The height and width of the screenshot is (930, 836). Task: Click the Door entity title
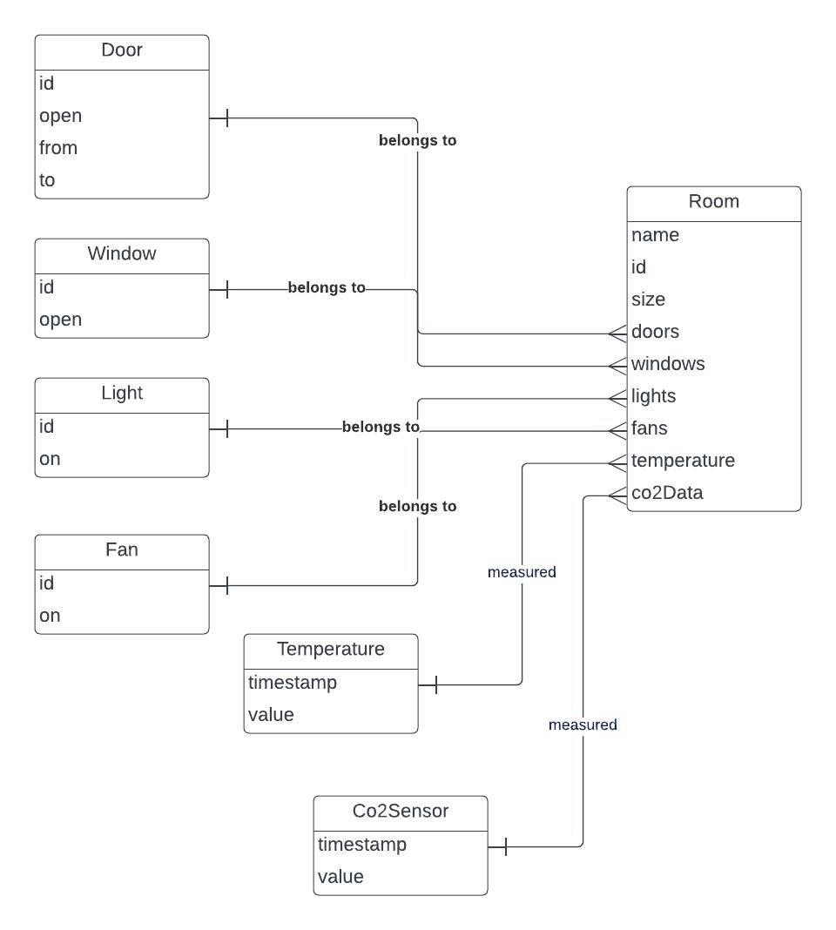122,51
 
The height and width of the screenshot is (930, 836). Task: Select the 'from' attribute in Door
58,148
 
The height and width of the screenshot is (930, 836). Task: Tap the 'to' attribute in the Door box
47,180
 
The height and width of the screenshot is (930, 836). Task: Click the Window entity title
122,254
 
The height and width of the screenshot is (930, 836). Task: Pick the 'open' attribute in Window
60,320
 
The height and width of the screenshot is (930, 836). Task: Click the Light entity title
122,394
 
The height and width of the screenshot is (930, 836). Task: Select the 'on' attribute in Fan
50,616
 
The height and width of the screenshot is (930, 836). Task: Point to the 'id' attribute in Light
46,427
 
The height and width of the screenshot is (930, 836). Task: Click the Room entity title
713,202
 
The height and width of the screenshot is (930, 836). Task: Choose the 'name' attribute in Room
655,235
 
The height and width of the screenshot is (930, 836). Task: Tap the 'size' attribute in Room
648,300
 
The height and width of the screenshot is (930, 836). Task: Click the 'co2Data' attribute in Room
666,493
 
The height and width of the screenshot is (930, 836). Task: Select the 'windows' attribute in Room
668,364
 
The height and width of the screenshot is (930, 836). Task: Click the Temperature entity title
331,650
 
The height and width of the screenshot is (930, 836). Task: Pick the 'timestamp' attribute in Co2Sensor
361,845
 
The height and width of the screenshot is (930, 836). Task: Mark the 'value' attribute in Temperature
271,715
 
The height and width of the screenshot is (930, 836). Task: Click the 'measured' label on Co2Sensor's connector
583,724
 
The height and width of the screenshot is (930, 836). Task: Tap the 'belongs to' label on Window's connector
327,287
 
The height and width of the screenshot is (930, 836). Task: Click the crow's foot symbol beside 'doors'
617,333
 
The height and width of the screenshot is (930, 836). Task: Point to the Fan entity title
122,550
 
